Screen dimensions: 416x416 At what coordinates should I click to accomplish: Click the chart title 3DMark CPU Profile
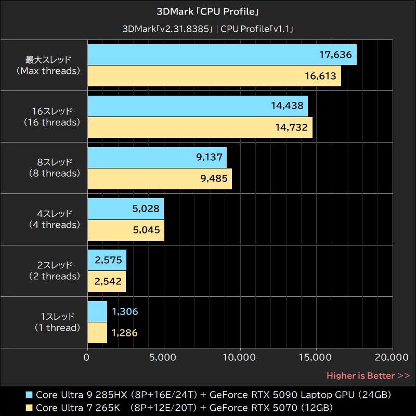pos(208,11)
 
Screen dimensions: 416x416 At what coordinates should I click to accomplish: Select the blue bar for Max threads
pos(222,55)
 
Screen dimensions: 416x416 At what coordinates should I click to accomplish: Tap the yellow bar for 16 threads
pos(200,127)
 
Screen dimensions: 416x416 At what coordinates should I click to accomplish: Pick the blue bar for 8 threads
pos(157,158)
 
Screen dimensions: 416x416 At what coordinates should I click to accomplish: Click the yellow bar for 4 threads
pos(126,230)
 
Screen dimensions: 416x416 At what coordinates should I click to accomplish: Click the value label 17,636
pos(335,55)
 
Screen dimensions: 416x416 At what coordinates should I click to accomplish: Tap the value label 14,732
pos(291,127)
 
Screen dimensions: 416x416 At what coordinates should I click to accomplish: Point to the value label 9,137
pos(210,158)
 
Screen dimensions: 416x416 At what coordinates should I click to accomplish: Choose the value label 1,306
pos(125,312)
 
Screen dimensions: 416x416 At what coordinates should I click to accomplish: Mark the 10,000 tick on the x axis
pos(240,358)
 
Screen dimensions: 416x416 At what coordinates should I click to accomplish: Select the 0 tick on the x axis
pos(87,358)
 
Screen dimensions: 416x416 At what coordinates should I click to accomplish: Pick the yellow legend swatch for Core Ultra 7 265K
pos(29,407)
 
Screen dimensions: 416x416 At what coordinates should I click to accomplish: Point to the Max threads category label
pos(48,65)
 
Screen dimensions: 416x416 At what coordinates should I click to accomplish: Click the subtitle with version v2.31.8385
pos(208,29)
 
